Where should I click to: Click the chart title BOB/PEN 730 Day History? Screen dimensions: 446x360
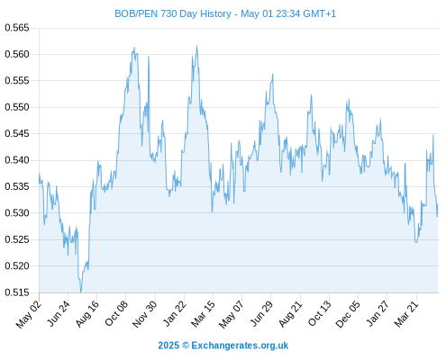point(173,13)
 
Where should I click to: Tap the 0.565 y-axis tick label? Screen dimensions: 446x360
point(17,28)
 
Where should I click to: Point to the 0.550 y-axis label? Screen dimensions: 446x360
point(17,107)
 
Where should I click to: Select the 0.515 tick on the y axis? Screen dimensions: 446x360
point(17,292)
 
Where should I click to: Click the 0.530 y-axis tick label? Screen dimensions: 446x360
point(17,213)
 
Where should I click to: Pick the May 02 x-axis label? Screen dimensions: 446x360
point(29,314)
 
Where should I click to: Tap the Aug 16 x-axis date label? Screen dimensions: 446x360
point(87,314)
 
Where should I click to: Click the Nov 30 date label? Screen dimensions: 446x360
point(145,314)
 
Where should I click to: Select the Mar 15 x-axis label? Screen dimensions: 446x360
point(204,314)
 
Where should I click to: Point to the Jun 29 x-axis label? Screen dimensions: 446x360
point(261,314)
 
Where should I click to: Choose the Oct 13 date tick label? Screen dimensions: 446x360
point(320,314)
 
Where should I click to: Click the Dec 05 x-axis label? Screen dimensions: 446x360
point(348,314)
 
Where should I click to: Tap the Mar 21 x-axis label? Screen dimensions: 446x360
point(406,314)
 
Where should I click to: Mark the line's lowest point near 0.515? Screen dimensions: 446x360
point(80,292)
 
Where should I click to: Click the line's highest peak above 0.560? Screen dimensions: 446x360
point(196,46)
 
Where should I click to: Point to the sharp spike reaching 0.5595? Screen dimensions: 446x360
point(149,57)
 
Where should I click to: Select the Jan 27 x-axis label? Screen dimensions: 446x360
point(378,314)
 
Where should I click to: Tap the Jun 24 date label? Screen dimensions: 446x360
point(59,314)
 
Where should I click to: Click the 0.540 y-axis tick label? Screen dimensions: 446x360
point(17,160)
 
